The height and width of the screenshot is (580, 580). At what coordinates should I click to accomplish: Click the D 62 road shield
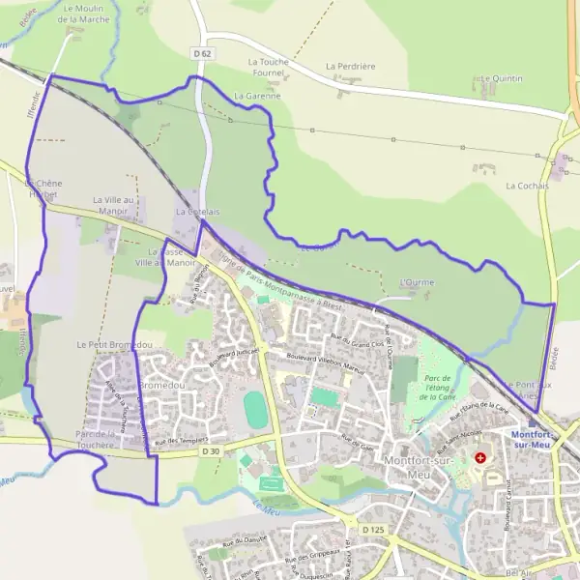pos(201,55)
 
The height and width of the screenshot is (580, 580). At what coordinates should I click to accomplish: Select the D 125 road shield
pos(374,530)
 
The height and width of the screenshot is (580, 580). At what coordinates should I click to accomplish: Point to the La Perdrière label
pos(349,67)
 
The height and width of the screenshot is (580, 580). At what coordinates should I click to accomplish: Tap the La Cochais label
pos(527,185)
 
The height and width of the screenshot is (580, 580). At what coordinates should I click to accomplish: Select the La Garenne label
pos(257,97)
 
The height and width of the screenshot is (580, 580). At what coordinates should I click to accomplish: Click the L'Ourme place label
pos(417,282)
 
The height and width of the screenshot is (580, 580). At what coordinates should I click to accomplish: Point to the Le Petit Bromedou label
pos(114,344)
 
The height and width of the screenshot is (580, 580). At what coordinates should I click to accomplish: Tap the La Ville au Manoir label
pos(111,205)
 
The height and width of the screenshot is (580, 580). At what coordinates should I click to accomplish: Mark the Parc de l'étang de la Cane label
pos(439,387)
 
